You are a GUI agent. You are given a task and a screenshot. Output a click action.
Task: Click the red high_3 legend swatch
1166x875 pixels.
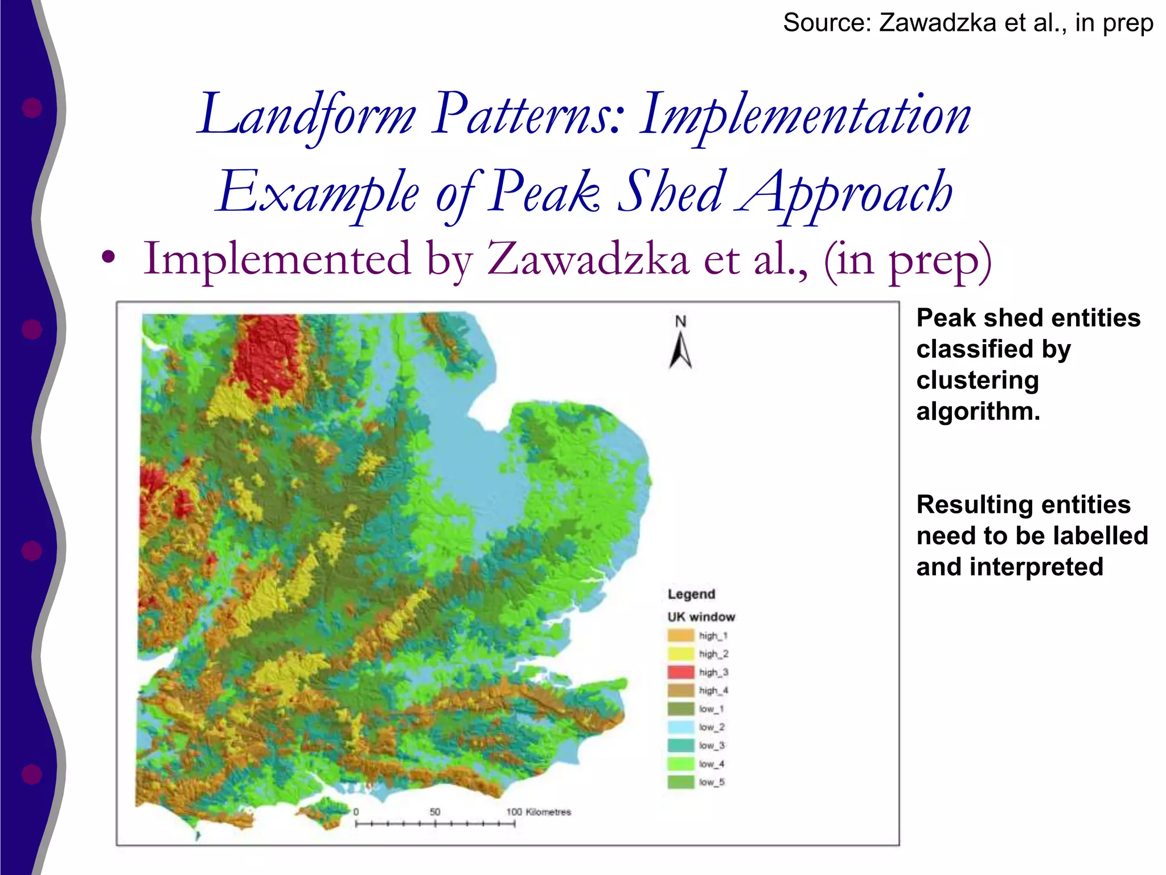tap(680, 672)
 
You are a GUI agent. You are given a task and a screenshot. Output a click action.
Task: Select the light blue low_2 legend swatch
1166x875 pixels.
tap(680, 727)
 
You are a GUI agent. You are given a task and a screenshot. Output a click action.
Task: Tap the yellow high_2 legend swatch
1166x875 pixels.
tap(680, 654)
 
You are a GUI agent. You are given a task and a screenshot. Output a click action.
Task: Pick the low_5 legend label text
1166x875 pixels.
tap(712, 782)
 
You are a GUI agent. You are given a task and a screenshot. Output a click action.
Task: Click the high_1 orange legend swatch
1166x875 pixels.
tap(680, 636)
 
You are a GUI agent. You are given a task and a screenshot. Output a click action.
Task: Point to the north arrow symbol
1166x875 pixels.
tap(680, 351)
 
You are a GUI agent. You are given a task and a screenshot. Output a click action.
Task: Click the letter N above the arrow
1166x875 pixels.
tap(680, 322)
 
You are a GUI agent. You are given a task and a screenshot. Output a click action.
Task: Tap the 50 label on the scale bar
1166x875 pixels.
tap(435, 812)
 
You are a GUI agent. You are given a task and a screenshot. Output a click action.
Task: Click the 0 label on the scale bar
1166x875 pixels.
tap(356, 812)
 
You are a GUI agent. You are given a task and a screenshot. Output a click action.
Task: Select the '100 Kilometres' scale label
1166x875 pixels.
tap(539, 812)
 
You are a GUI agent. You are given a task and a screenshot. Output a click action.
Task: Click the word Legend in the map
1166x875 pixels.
tap(691, 594)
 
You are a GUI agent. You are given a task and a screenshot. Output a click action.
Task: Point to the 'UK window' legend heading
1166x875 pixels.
tap(701, 617)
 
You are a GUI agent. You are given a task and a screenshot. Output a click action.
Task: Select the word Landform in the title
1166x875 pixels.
tap(307, 116)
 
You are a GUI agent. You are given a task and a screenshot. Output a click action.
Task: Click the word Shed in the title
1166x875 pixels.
tap(672, 193)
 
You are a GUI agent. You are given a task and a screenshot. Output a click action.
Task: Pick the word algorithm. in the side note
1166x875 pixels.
tap(978, 411)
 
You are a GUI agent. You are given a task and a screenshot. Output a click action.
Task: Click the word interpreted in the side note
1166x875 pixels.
tap(1036, 567)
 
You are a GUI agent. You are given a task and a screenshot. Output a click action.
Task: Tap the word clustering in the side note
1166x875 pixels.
tap(978, 380)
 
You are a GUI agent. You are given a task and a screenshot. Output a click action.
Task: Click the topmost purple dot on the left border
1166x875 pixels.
tap(32, 108)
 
